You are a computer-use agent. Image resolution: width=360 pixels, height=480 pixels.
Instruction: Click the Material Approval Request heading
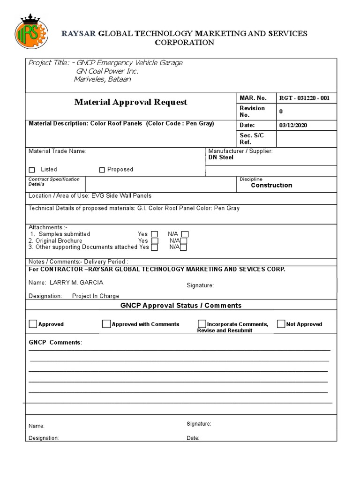130,102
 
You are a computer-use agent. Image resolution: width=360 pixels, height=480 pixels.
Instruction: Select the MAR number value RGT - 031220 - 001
304,98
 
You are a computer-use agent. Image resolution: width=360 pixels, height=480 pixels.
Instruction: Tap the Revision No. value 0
281,112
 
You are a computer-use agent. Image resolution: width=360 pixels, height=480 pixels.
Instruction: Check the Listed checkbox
32,170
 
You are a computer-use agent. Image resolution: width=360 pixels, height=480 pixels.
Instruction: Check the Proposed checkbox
102,170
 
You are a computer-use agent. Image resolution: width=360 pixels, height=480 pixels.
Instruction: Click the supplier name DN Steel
221,157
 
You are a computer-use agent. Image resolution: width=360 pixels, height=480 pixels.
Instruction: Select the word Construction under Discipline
271,185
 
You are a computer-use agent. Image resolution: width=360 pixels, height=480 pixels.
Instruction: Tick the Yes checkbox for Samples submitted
155,234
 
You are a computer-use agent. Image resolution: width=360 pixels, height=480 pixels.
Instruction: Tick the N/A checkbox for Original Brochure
184,241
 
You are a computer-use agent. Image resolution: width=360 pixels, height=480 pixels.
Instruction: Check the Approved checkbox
33,324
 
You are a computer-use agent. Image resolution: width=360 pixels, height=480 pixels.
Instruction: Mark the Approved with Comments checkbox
106,324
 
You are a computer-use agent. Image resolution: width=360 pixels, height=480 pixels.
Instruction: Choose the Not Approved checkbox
281,324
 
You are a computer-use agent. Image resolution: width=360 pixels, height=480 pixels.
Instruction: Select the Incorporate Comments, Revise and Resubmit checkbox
202,324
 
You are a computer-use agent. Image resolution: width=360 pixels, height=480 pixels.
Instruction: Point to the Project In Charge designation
96,296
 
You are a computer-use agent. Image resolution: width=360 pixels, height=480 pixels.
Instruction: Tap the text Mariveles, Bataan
103,79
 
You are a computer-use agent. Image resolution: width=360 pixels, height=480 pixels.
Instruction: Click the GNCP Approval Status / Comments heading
181,306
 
